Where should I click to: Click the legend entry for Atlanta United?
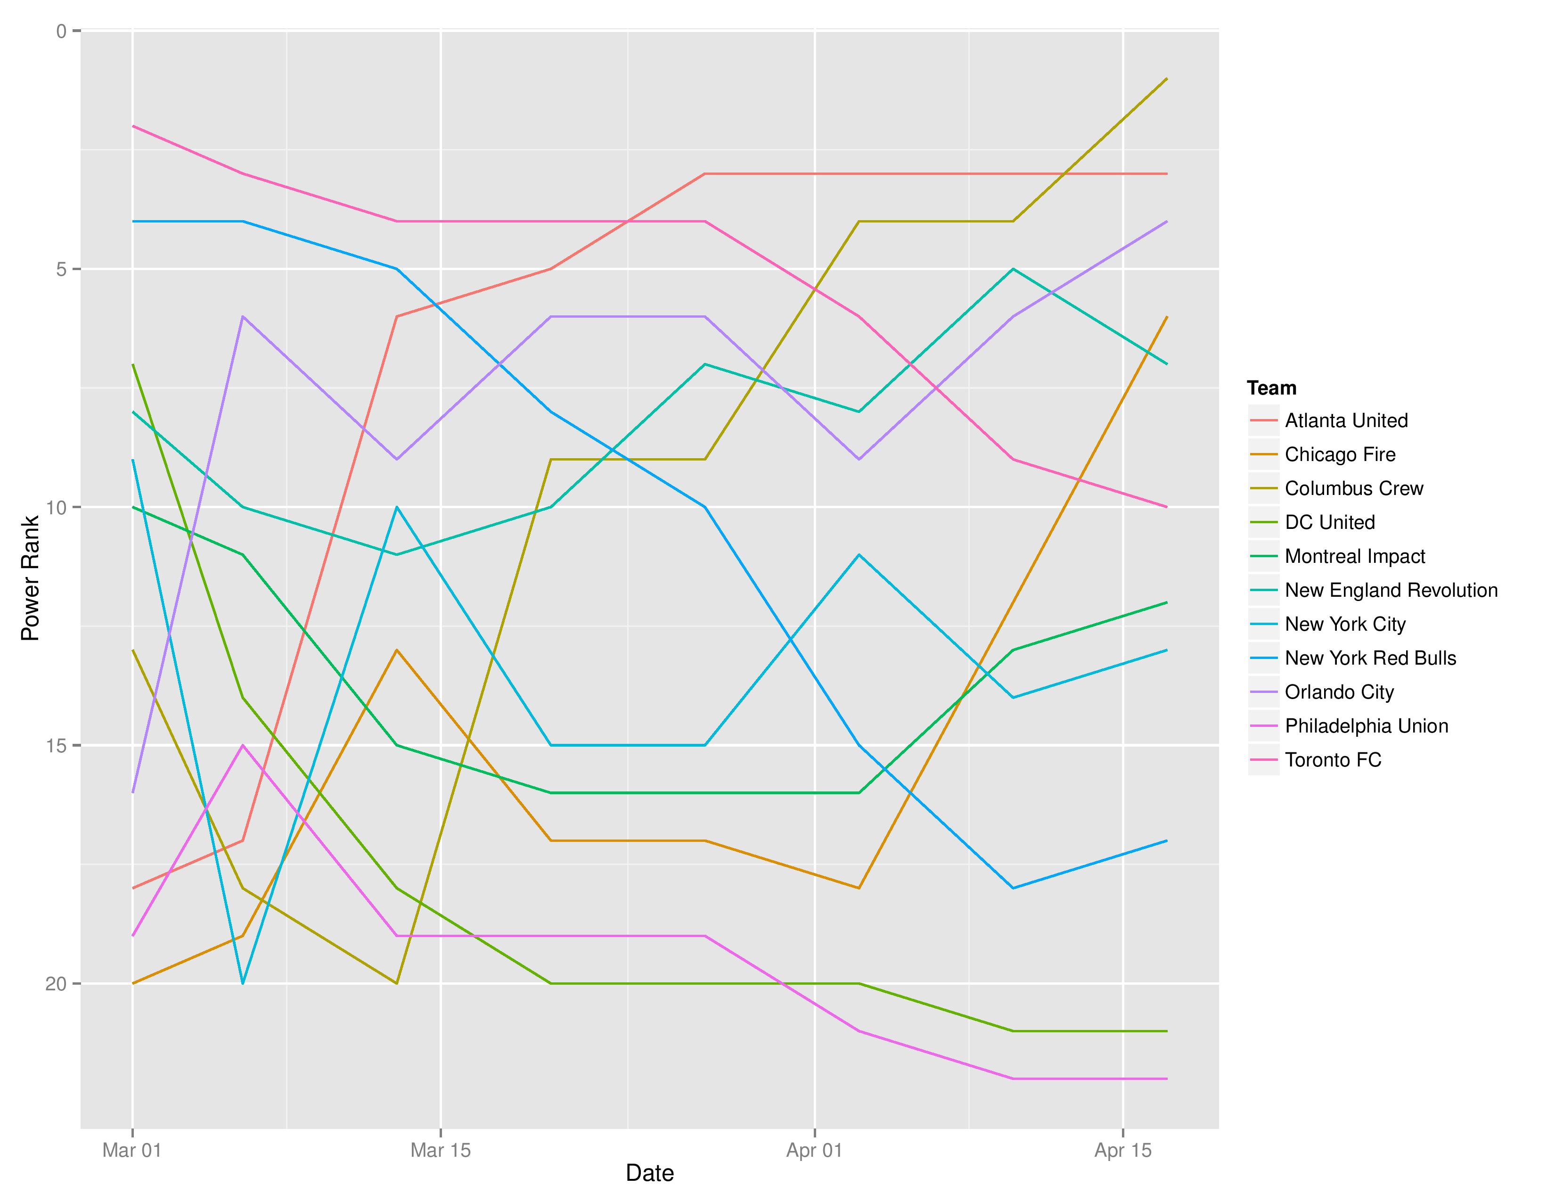tap(1346, 421)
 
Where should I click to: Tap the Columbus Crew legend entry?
tap(1353, 488)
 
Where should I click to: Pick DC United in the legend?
tap(1329, 523)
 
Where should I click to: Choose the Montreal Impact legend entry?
tap(1354, 557)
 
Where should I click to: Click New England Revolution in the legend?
tap(1391, 590)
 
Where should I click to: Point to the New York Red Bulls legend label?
tap(1370, 659)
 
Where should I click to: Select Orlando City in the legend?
tap(1339, 692)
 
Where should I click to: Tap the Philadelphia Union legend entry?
tap(1366, 726)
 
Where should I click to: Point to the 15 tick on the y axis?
tap(56, 746)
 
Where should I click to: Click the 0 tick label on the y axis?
tap(61, 31)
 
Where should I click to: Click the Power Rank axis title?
tap(30, 578)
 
